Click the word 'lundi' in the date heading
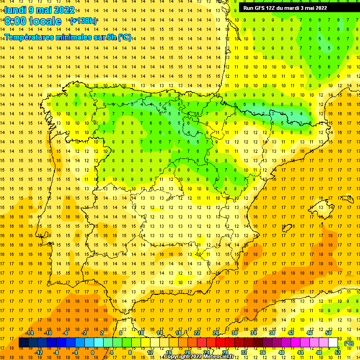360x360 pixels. pos(15,10)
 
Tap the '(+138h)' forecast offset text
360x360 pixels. pos(83,21)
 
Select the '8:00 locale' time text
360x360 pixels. pos(33,21)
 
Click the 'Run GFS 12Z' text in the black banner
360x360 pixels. pos(258,7)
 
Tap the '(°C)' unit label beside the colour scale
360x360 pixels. pos(349,343)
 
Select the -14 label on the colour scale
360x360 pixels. pos(30,333)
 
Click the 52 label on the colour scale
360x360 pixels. pos(337,352)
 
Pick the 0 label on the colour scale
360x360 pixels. pos(92,352)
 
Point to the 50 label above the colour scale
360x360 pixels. pos(328,333)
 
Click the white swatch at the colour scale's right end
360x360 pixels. pos(333,343)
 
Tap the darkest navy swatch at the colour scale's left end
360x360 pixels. pos(23,343)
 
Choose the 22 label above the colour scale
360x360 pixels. pos(197,333)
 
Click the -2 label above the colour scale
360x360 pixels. pos(84,333)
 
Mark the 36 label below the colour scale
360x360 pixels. pos(262,352)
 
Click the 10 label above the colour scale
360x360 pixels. pos(141,333)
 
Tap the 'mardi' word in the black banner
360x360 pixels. pos(291,7)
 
